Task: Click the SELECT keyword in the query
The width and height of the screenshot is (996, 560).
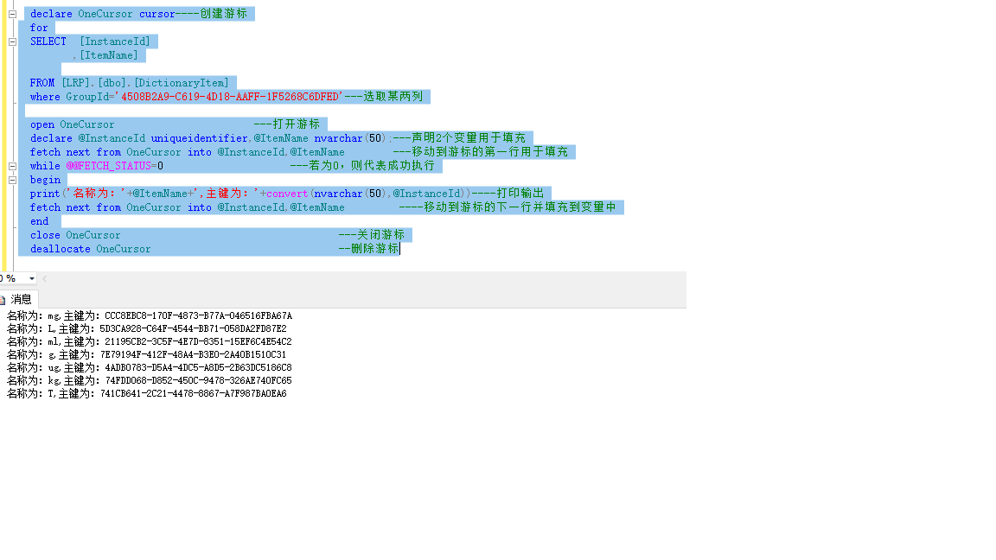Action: tap(48, 41)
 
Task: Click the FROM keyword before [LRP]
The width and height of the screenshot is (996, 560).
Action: tap(42, 83)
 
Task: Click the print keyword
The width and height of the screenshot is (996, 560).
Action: tap(45, 194)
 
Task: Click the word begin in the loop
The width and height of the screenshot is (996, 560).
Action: tap(45, 180)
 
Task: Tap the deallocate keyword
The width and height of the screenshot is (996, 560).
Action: tap(61, 249)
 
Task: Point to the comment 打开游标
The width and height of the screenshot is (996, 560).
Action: tap(296, 124)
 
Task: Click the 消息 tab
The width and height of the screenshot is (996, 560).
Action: tap(21, 299)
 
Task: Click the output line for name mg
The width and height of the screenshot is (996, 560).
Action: tap(150, 316)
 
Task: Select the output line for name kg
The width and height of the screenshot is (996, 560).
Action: tap(150, 381)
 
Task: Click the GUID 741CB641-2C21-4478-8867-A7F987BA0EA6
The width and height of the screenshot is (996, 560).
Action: tap(193, 394)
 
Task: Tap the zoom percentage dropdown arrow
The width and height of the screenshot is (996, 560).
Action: tap(32, 279)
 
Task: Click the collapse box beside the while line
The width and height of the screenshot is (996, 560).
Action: tap(12, 166)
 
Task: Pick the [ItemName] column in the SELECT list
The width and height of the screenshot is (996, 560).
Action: tap(108, 55)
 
